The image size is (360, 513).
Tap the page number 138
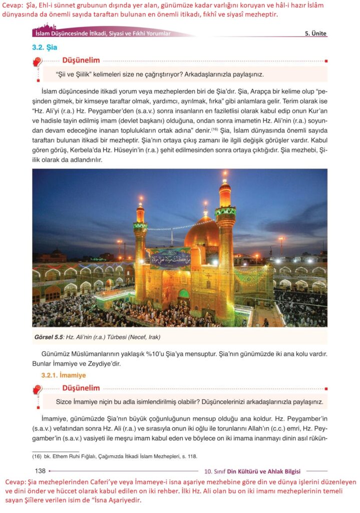(x=41, y=470)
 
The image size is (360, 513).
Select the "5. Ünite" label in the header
(x=315, y=34)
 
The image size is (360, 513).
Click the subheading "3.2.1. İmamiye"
(x=64, y=375)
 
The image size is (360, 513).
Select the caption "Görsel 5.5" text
(x=48, y=337)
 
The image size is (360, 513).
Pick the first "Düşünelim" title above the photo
(x=81, y=60)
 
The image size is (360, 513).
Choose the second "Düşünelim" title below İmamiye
(x=81, y=388)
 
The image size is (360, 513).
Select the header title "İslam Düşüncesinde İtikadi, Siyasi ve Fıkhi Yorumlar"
(x=103, y=34)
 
